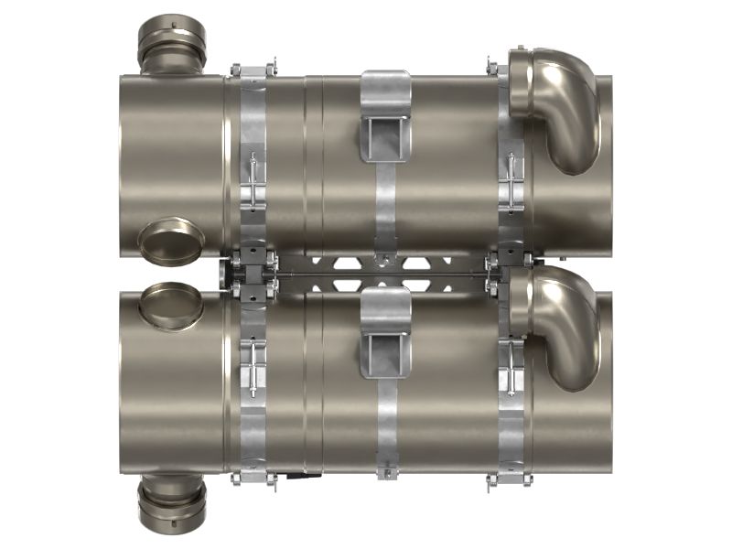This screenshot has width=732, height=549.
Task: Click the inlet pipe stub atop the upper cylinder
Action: pyautogui.click(x=171, y=46)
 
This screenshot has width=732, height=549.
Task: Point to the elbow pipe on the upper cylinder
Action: pyautogui.click(x=558, y=105)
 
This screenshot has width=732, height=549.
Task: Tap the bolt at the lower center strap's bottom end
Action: pyautogui.click(x=386, y=473)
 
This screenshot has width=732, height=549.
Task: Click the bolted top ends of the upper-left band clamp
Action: pyautogui.click(x=253, y=70)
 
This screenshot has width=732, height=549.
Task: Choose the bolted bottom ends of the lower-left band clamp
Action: pyautogui.click(x=253, y=479)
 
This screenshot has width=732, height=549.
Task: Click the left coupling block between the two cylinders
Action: pyautogui.click(x=250, y=274)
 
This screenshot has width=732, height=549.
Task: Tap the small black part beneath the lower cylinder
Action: pyautogui.click(x=293, y=475)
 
